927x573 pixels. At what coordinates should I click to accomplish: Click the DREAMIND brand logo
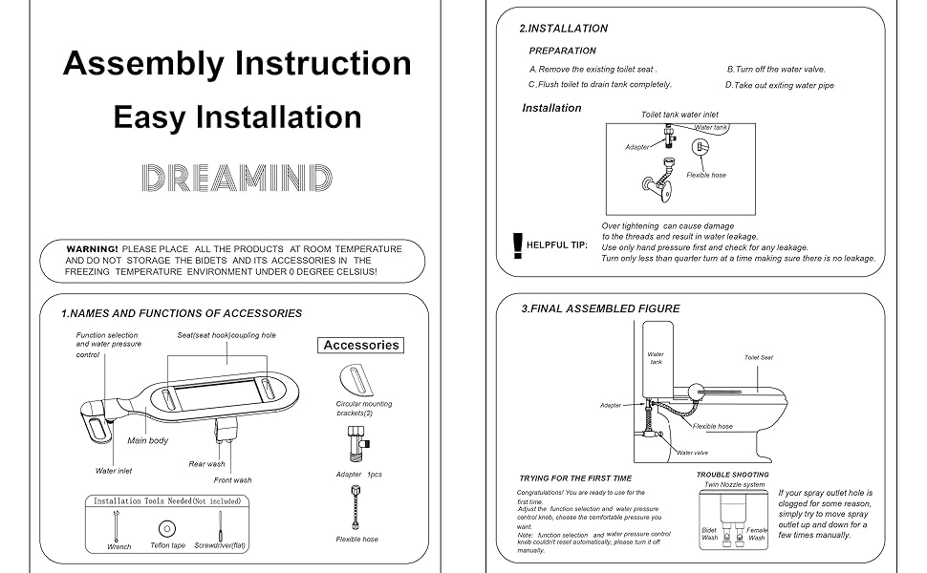click(x=237, y=179)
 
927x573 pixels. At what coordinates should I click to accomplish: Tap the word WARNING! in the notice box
click(x=93, y=249)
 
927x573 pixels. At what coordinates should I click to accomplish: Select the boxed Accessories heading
click(x=360, y=345)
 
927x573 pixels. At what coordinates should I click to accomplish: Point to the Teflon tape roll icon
click(x=167, y=527)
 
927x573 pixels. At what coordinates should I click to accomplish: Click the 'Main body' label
click(x=148, y=440)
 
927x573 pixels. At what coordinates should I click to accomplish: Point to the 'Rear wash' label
click(x=207, y=464)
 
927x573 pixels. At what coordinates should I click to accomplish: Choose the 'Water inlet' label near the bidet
click(x=114, y=471)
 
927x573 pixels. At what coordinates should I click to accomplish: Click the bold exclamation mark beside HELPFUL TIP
click(x=518, y=245)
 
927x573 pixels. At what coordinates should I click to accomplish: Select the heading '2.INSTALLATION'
click(x=563, y=29)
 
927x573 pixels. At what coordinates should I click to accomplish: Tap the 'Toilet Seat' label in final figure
click(x=759, y=358)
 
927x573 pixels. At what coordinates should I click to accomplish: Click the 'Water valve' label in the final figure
click(x=692, y=453)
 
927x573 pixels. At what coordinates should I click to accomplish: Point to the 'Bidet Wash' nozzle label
click(x=709, y=534)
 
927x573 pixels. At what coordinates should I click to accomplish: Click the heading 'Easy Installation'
click(x=237, y=117)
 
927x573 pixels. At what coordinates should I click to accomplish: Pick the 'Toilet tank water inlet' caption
click(x=679, y=115)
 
